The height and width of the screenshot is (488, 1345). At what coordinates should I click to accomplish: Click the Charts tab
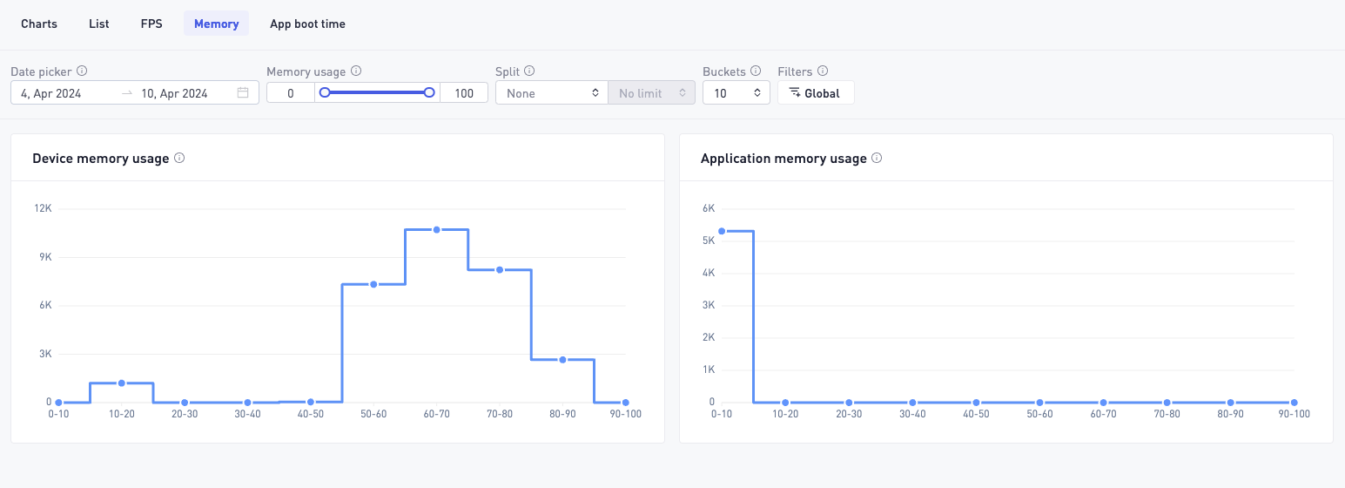point(39,24)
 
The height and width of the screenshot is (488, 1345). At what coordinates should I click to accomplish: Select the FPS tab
point(151,24)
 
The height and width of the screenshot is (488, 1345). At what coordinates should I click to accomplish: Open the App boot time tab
point(307,24)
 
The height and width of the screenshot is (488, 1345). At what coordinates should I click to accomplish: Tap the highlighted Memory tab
point(216,24)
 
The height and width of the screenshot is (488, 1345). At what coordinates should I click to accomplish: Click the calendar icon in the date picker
point(243,92)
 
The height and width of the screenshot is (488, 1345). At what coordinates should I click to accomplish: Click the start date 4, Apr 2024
point(51,93)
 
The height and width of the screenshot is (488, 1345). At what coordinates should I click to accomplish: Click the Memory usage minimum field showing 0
point(291,93)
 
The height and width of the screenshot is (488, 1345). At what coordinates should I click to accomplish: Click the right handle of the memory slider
point(428,92)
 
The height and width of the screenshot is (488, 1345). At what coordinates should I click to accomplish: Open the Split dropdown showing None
point(551,93)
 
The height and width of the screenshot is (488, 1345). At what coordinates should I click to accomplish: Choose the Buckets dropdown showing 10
point(736,93)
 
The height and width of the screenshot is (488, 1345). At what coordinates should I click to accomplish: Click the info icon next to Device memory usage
point(179,158)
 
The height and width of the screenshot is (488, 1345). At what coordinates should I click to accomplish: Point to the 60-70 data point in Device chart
point(436,229)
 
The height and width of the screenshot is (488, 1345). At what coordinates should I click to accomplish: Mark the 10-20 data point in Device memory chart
point(121,383)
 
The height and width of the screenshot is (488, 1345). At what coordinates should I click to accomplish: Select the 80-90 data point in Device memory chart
point(562,359)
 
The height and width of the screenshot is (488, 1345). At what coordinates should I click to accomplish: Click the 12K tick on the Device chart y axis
point(43,208)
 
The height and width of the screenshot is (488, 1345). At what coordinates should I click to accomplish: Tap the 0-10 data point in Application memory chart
point(722,232)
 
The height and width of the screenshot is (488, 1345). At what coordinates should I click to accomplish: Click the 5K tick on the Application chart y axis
point(709,241)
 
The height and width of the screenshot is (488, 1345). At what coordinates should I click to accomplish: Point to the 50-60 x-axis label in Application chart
point(1039,414)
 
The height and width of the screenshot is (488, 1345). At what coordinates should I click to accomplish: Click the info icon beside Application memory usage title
point(877,158)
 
